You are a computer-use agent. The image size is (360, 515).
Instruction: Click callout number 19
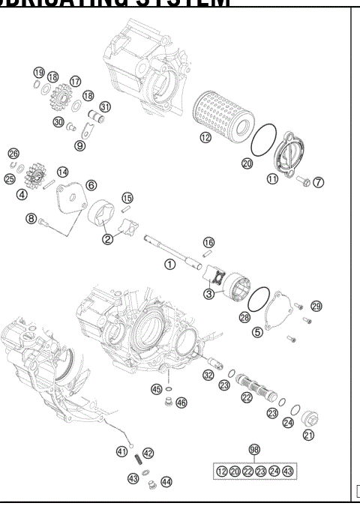tap(38, 72)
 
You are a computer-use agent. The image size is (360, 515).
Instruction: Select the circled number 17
tap(75, 81)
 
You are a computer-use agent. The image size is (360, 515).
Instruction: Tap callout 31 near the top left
tap(105, 106)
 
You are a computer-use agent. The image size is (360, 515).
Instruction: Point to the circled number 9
tap(79, 145)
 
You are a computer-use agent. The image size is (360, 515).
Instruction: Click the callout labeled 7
tap(319, 182)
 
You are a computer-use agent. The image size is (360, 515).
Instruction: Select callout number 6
tap(91, 184)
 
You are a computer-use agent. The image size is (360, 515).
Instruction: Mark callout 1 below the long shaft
tap(170, 265)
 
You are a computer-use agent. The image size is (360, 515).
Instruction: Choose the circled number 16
tap(208, 242)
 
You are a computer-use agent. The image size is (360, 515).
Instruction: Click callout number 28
tap(244, 318)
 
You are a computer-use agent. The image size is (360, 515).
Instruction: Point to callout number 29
tap(316, 307)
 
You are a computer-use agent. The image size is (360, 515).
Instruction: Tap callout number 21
tap(308, 435)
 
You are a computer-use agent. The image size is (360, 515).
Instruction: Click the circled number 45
tap(156, 389)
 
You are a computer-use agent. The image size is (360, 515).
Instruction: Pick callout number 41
tap(121, 451)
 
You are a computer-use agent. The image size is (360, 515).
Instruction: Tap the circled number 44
tap(166, 482)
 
